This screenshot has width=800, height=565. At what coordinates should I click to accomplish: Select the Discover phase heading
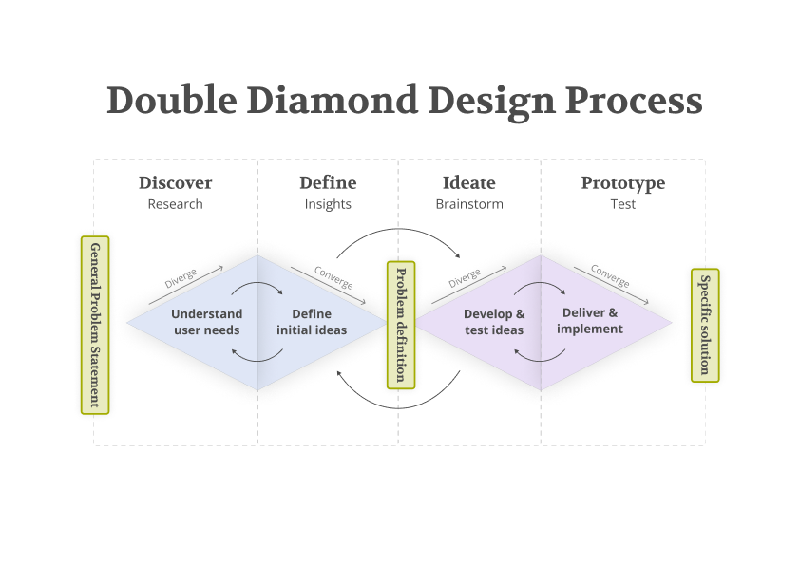[x=176, y=183]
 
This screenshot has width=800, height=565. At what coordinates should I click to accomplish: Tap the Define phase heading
[x=328, y=183]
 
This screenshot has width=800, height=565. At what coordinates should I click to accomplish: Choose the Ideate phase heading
[x=469, y=183]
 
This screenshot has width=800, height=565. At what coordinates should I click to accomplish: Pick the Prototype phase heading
[x=623, y=183]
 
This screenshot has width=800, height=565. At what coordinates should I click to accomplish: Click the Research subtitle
[x=176, y=204]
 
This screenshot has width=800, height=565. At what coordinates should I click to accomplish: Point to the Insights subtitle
[x=328, y=204]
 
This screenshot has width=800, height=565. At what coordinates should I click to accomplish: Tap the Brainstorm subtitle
[x=469, y=204]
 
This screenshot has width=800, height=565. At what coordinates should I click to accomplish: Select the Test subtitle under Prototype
[x=623, y=204]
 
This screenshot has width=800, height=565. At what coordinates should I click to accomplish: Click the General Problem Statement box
[x=95, y=325]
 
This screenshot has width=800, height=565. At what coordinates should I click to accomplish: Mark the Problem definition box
[x=401, y=325]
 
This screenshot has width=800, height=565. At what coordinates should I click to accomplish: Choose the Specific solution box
[x=705, y=325]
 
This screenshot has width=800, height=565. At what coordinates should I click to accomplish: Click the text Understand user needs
[x=207, y=322]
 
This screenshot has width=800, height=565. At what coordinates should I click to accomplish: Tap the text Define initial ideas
[x=312, y=322]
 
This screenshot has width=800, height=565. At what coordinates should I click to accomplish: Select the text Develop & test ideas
[x=494, y=322]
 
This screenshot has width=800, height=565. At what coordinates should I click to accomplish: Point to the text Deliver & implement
[x=590, y=321]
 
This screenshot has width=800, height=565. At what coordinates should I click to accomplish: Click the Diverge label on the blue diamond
[x=181, y=278]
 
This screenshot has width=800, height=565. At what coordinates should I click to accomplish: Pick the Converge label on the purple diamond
[x=610, y=276]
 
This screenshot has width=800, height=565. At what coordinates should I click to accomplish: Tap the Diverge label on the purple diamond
[x=465, y=278]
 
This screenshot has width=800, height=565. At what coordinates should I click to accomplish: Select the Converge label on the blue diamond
[x=333, y=277]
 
